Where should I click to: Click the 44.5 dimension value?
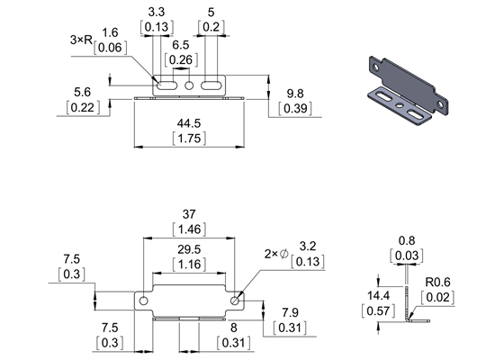pyautogui.click(x=188, y=122)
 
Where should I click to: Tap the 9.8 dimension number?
pyautogui.click(x=295, y=94)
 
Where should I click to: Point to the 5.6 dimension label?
pyautogui.click(x=83, y=92)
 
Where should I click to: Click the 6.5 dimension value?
pyautogui.click(x=180, y=44)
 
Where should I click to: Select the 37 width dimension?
pyautogui.click(x=188, y=215)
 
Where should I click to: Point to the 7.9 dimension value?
pyautogui.click(x=291, y=312)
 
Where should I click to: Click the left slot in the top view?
pyautogui.click(x=166, y=85)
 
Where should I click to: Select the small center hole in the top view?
pyautogui.click(x=189, y=85)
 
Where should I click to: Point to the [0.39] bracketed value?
pyautogui.click(x=295, y=108)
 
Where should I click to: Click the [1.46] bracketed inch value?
pyautogui.click(x=188, y=229)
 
